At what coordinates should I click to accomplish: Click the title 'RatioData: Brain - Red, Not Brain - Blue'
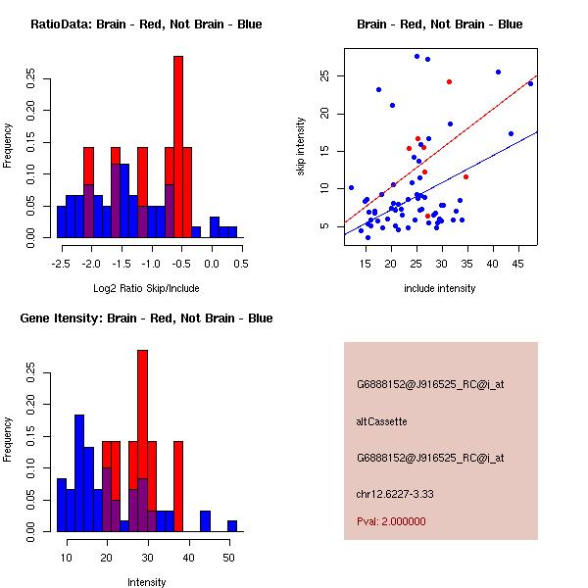146,24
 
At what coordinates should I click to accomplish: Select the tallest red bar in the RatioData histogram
178,147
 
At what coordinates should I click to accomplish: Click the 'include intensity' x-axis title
439,288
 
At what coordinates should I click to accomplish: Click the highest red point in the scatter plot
449,81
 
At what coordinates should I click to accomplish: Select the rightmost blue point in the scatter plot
530,83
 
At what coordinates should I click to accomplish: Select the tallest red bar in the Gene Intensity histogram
142,441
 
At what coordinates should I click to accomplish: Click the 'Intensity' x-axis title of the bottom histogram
147,582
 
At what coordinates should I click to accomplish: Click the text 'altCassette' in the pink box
381,421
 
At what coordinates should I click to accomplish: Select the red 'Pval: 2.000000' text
391,521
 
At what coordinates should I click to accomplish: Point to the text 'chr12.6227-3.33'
395,493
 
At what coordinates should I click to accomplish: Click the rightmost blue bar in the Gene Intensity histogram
232,526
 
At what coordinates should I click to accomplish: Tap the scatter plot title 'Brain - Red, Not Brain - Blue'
439,24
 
